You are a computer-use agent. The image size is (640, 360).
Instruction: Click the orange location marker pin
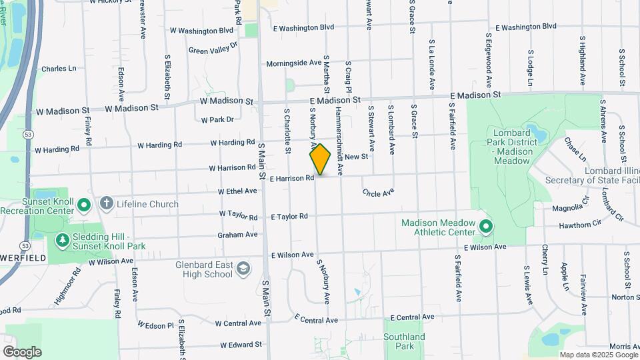click(321, 159)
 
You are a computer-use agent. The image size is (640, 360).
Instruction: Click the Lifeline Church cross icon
click(106, 203)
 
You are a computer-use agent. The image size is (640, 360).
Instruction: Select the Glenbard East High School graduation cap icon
click(243, 269)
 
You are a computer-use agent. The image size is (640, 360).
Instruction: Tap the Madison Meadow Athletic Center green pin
click(485, 227)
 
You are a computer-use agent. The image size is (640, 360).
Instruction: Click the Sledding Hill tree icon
click(62, 239)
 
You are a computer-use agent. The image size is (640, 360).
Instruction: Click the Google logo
click(22, 351)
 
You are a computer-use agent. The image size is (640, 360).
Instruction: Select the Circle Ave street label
click(379, 193)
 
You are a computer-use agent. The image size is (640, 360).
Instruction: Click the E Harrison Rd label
click(292, 179)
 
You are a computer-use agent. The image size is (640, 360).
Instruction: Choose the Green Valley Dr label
click(213, 48)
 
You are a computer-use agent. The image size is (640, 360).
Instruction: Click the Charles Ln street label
click(59, 69)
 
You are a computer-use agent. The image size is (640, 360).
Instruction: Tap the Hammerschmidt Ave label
click(339, 141)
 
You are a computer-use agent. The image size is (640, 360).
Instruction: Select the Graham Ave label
click(237, 235)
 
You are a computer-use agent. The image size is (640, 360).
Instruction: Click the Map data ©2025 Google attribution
click(597, 355)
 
